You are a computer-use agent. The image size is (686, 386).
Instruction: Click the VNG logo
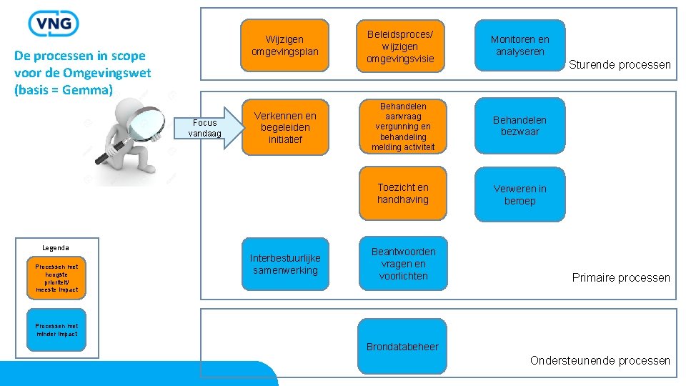click(53, 24)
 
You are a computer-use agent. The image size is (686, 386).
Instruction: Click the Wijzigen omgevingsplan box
click(285, 46)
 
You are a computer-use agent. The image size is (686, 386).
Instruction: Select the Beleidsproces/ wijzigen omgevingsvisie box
click(403, 46)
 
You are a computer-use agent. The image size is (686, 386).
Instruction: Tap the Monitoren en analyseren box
click(520, 46)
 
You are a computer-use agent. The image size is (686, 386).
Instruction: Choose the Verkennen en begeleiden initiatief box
click(285, 127)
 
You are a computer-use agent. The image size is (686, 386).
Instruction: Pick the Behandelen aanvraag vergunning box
click(403, 127)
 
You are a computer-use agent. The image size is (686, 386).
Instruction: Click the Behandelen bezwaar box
click(520, 127)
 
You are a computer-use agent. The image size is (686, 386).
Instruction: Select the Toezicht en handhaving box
click(403, 193)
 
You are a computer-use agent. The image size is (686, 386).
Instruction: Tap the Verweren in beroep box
click(520, 194)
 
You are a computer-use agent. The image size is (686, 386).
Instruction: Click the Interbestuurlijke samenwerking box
click(285, 264)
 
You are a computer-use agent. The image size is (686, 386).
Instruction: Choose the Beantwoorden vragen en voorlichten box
click(403, 263)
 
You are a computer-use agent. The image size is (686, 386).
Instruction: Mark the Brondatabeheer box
click(403, 347)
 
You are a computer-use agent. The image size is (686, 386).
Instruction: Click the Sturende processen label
click(620, 65)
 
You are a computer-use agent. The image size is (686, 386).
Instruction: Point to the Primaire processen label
click(621, 277)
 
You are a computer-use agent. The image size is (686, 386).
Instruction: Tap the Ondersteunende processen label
click(600, 360)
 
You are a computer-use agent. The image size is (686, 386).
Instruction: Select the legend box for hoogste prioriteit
click(56, 277)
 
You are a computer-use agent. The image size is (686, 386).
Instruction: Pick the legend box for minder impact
click(56, 330)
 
